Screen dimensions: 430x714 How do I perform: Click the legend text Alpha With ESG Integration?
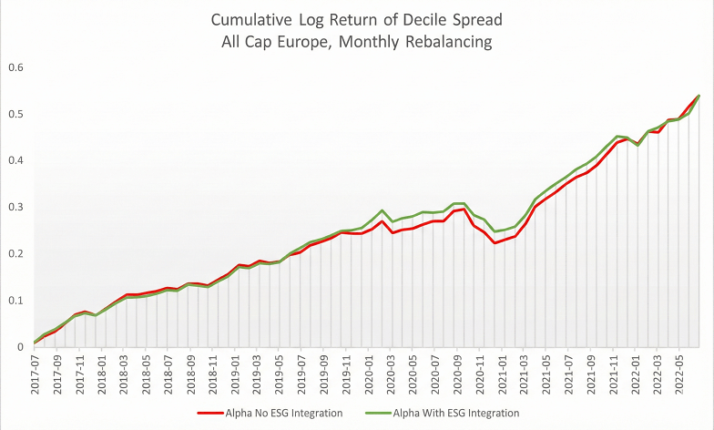click(x=458, y=413)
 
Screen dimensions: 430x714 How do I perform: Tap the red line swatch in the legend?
click(x=211, y=413)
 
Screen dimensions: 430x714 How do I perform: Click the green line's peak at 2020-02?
click(x=382, y=210)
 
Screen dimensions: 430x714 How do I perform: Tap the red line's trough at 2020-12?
click(x=494, y=243)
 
